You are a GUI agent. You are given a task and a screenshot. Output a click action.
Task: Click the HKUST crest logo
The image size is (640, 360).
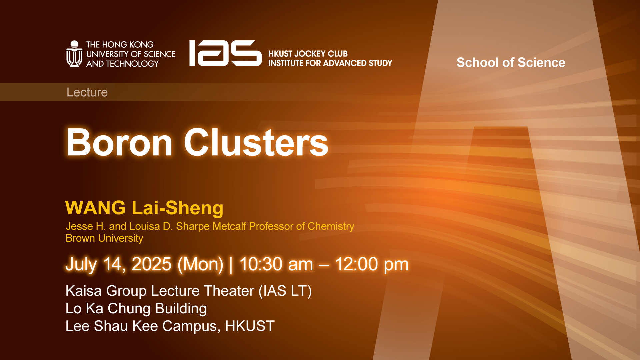pos(74,54)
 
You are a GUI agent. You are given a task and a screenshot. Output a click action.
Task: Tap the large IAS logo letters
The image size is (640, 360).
pos(225,53)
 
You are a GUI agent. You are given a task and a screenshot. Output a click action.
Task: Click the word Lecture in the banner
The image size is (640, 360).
pos(87,92)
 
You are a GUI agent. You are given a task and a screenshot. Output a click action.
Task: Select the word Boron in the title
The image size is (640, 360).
pos(119,143)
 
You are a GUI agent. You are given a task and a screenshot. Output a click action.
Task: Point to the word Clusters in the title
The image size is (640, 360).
pos(256,143)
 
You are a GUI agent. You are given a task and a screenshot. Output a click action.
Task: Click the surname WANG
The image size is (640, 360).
pos(95,208)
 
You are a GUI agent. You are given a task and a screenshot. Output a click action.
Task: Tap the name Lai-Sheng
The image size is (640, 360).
pos(178,208)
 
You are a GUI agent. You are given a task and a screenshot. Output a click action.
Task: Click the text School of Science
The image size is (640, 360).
pos(511,63)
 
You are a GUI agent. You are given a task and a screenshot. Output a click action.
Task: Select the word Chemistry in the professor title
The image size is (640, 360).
pos(331,226)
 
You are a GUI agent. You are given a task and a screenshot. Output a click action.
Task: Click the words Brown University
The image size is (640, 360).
pos(104,238)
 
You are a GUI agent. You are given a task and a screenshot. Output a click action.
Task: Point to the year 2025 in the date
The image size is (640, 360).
pos(151,264)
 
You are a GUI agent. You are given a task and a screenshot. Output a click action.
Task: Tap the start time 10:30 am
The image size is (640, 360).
pos(276,264)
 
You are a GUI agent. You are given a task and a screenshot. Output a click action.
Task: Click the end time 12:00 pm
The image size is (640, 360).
pos(372,264)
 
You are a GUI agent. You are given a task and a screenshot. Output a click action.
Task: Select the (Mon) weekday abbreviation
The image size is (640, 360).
pos(200,264)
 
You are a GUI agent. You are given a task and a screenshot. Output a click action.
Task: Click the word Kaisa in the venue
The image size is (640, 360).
pos(83,291)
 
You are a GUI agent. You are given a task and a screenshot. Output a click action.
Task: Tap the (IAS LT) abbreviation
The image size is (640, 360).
pos(285,291)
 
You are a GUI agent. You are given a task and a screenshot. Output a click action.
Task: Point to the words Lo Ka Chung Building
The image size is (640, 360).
pos(136,309)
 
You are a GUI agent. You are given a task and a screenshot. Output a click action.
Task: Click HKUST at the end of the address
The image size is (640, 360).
pos(250,326)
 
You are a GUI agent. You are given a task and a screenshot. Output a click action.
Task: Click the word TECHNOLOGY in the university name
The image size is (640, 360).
pos(132,64)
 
